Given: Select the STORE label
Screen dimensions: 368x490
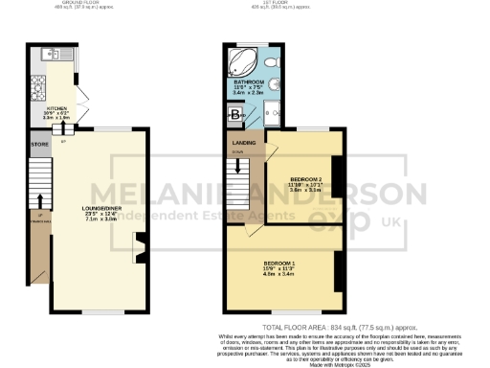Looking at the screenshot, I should (x=39, y=147).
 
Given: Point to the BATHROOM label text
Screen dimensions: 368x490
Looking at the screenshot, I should (x=249, y=83).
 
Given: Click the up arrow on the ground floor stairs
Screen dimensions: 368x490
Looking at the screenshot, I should (x=39, y=220).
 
